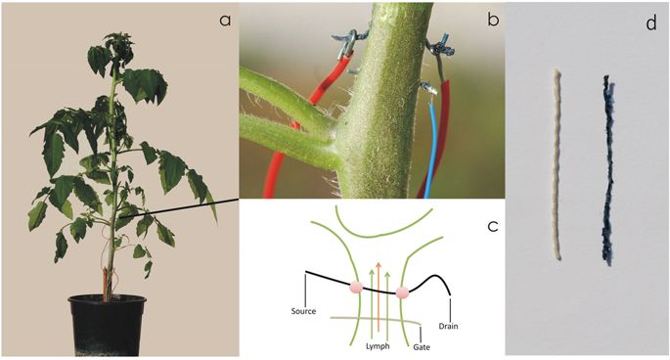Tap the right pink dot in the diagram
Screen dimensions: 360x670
(403, 292)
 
